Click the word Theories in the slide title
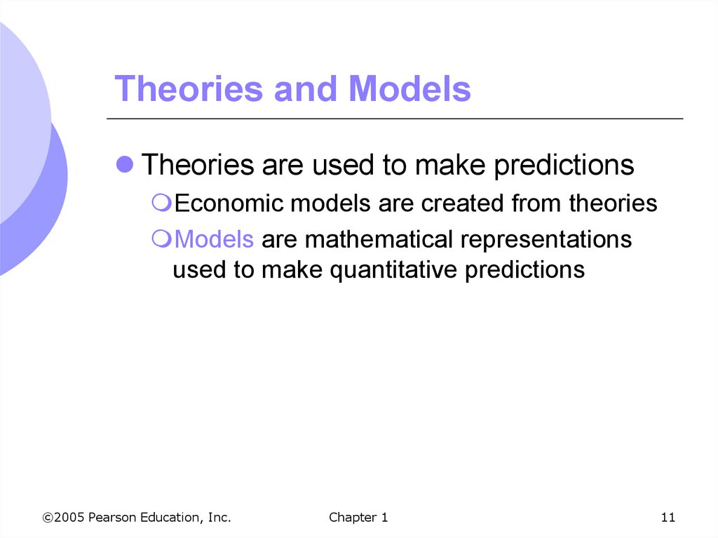coord(189,88)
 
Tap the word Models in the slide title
coord(409,88)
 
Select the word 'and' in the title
coord(306,88)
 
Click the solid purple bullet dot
coord(125,164)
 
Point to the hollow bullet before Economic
coord(161,203)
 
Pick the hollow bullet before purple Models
coord(161,238)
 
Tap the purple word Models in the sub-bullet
coord(214,239)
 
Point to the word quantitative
coord(393,270)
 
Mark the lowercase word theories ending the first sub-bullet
coord(613,203)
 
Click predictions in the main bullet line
coord(564,165)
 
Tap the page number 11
coord(668,518)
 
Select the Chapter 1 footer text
coord(358,518)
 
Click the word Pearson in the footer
coord(112,518)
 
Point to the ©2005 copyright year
coord(63,518)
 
